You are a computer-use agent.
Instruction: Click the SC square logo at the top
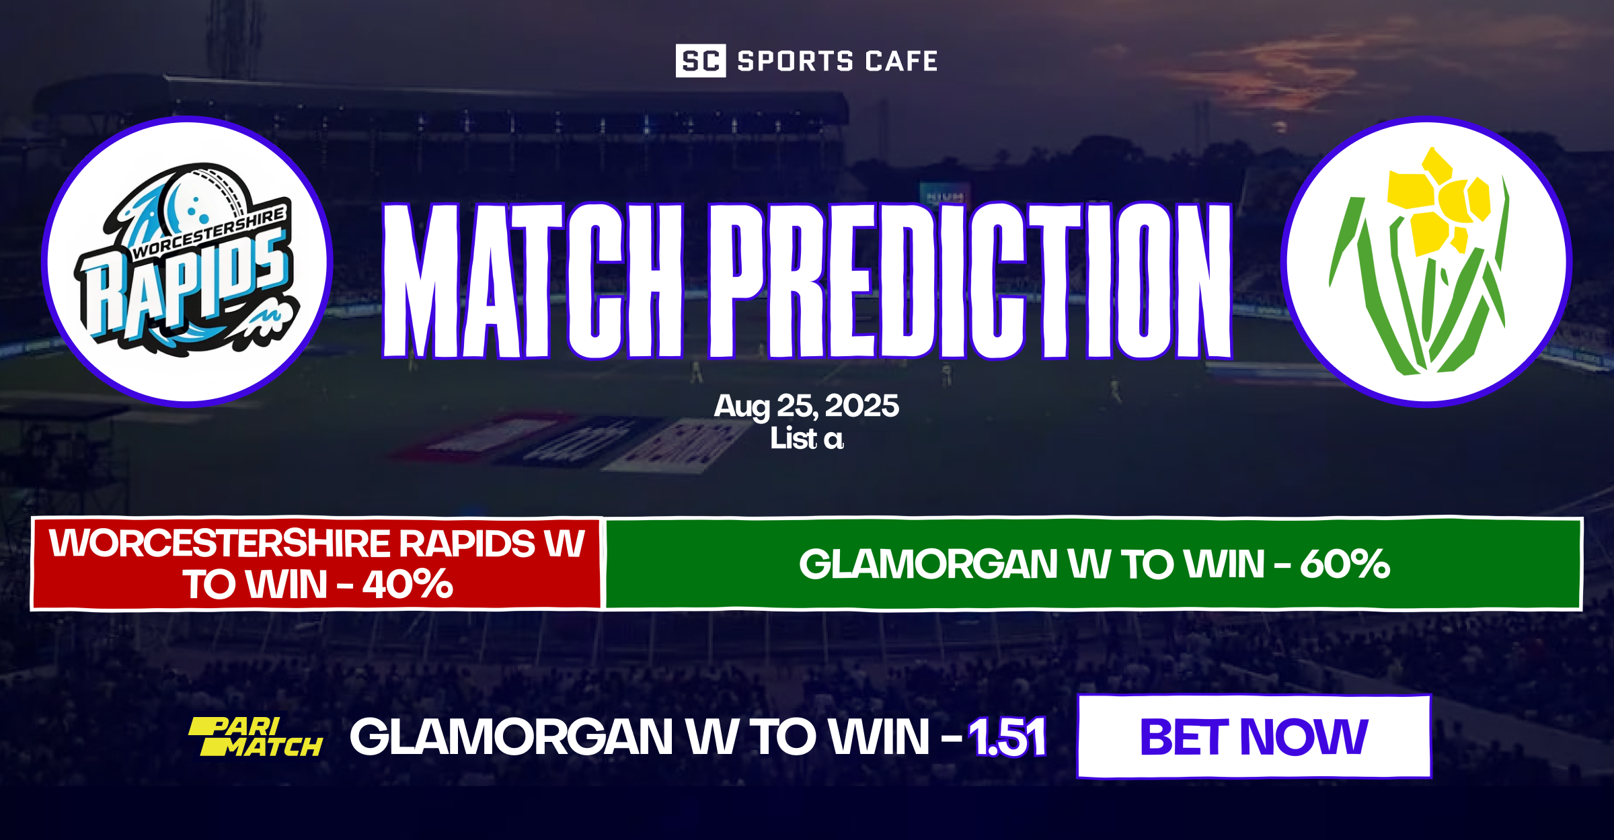(x=700, y=60)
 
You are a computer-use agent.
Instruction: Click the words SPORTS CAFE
(x=837, y=61)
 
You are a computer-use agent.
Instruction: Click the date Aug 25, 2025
(x=806, y=406)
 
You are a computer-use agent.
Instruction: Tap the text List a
(x=806, y=439)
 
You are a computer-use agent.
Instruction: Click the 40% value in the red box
(x=408, y=584)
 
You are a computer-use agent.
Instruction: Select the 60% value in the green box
(x=1344, y=564)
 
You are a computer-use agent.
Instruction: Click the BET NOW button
(x=1254, y=737)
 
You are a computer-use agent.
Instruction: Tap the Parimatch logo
(x=256, y=737)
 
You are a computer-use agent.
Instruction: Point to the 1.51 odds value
(x=1007, y=737)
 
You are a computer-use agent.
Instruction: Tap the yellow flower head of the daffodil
(x=1439, y=202)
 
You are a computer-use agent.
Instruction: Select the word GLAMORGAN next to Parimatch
(x=511, y=737)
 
